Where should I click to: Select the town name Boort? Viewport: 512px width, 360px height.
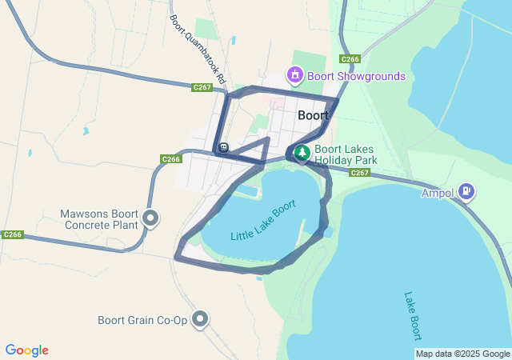[313, 115]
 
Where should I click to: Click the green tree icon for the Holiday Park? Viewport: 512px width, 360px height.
[302, 153]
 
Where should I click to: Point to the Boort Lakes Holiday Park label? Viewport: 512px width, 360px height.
[345, 154]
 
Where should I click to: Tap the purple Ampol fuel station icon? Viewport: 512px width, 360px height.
[466, 192]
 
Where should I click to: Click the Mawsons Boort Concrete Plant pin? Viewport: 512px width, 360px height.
[150, 218]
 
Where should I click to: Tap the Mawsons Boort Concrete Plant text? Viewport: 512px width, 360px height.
[99, 219]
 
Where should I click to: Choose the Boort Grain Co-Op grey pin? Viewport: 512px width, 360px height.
[200, 320]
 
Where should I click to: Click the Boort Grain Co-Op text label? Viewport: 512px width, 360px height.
[142, 321]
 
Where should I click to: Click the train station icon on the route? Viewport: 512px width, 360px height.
[223, 147]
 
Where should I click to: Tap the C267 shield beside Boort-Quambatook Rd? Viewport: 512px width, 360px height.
[202, 87]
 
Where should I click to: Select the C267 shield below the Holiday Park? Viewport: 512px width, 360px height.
[359, 173]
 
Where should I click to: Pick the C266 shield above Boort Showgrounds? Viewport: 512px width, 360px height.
[350, 59]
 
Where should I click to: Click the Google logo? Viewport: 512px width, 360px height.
[26, 350]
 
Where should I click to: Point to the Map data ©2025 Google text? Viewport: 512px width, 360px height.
[462, 354]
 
